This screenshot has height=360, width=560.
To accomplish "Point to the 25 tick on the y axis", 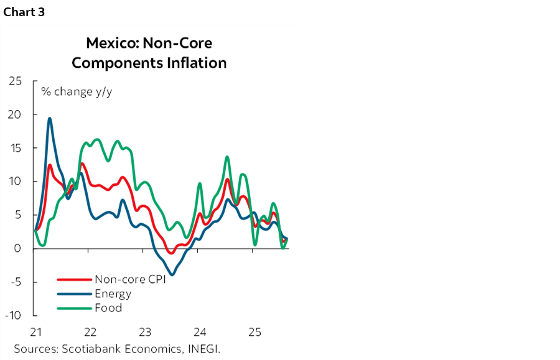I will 14,81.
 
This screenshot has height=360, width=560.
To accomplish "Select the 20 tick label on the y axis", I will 14,114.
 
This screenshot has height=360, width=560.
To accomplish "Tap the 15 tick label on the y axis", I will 15,148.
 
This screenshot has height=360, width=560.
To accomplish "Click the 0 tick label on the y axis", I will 18,248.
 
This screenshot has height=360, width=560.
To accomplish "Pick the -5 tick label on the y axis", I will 16,282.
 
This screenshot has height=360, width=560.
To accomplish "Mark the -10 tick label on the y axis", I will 13,315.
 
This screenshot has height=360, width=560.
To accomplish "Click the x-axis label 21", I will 35,331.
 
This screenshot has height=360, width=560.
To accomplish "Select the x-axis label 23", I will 145,331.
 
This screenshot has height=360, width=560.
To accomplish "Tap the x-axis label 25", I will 254,331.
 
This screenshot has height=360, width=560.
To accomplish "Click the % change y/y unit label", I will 77,92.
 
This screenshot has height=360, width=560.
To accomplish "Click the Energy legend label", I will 113,293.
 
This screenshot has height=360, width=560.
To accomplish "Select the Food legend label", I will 108,308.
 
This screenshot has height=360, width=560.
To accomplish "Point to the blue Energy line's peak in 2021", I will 50,118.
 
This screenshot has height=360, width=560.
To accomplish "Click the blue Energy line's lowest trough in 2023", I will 172,274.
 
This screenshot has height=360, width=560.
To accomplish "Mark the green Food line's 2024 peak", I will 227,157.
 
